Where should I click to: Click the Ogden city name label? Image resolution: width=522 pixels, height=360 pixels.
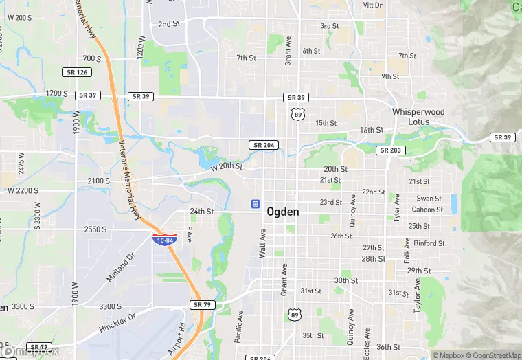[x=282, y=212]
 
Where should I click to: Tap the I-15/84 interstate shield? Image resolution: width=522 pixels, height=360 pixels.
[x=164, y=239]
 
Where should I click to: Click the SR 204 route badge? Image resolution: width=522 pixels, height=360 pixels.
[x=264, y=145]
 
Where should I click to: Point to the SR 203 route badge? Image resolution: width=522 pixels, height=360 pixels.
[x=390, y=150]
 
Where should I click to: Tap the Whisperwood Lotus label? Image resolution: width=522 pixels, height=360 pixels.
[x=418, y=117]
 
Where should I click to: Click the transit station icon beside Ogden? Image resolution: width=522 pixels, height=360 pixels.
[x=255, y=204]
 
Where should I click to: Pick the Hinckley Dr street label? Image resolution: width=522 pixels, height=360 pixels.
[x=117, y=322]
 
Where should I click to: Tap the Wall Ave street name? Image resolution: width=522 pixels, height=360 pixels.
[x=262, y=244]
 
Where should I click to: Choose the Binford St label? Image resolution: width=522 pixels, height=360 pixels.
[x=429, y=243]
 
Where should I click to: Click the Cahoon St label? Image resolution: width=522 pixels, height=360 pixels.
[x=427, y=210]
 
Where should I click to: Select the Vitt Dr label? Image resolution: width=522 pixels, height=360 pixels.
[x=372, y=5]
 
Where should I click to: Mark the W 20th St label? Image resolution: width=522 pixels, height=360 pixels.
[x=227, y=166]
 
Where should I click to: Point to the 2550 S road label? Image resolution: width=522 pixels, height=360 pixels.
[x=95, y=229]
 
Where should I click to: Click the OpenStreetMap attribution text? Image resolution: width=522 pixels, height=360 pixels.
[x=493, y=355]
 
